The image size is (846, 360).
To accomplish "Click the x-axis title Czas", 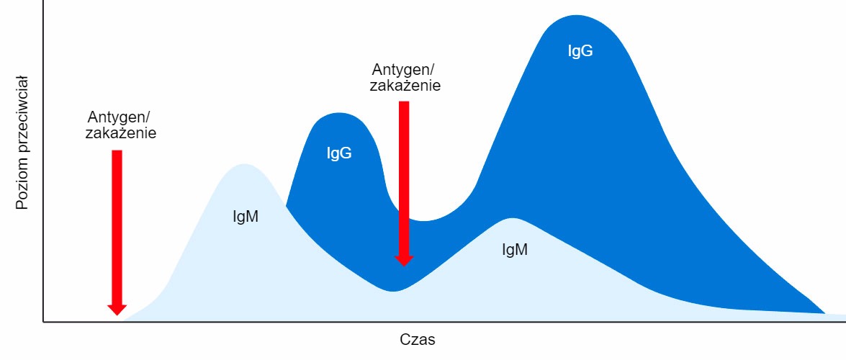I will point(418,338).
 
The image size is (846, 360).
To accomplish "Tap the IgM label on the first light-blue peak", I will point(246,216).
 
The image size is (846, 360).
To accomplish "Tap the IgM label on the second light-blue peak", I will point(515,249).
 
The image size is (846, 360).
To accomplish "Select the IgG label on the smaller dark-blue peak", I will point(339,153).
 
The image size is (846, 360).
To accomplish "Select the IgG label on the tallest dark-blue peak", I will point(580,50).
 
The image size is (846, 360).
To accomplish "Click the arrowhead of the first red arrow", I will point(117,308).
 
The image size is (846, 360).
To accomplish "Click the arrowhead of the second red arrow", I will point(404,258).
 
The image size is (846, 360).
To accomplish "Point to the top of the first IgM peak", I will point(245,165).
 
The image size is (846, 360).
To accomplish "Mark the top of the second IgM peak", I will point(512,218).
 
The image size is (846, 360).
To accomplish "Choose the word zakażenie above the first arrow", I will point(120,133).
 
